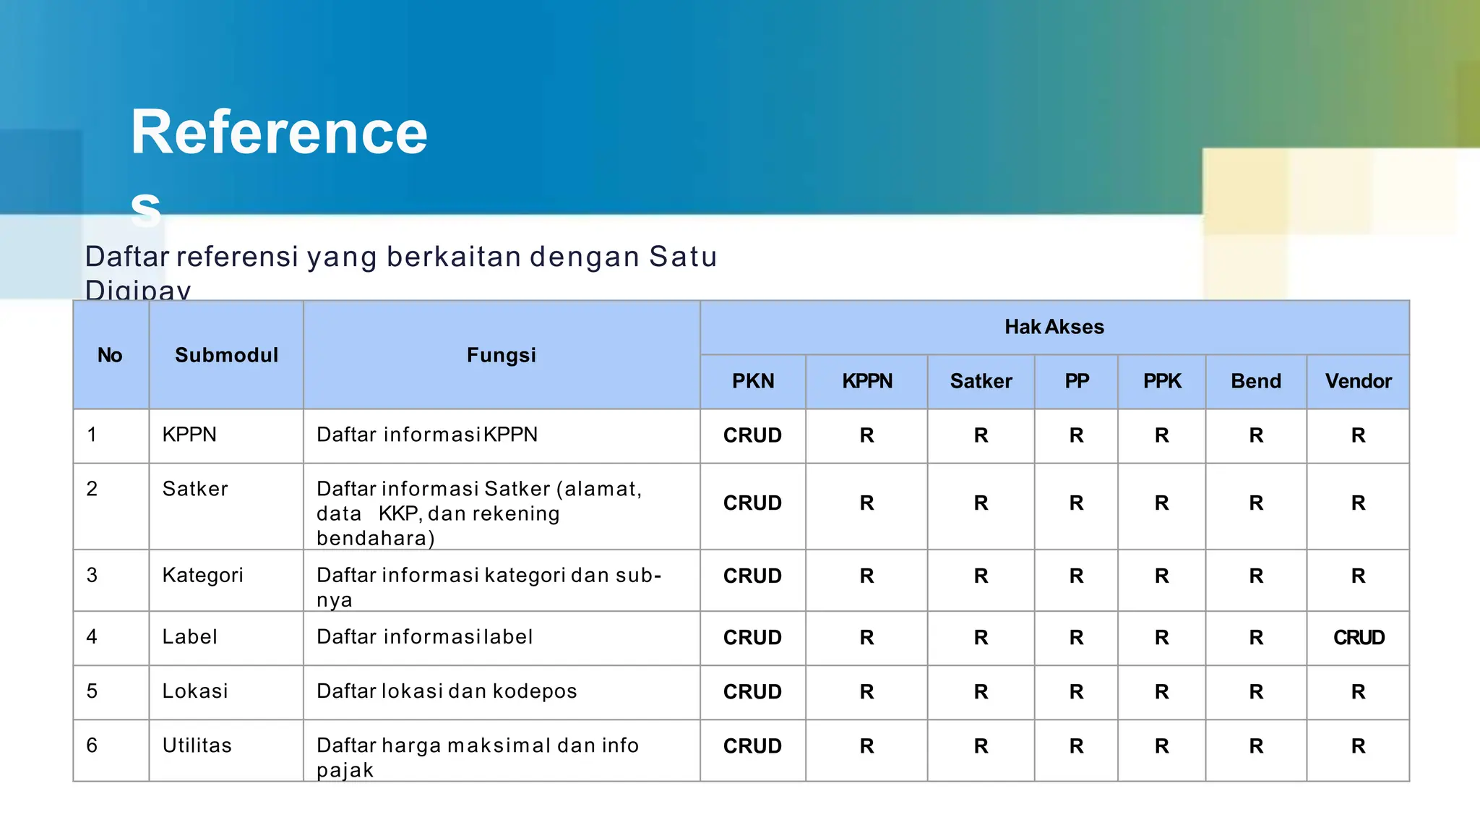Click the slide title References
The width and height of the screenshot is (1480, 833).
tap(279, 133)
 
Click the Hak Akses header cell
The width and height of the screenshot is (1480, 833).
tap(1054, 328)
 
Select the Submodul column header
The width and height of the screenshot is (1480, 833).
tap(226, 355)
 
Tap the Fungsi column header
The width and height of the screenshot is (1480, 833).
tap(502, 355)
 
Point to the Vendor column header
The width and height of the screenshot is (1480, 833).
tap(1358, 381)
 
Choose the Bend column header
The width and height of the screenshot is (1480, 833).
tap(1256, 381)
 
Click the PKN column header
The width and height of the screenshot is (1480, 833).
tap(753, 381)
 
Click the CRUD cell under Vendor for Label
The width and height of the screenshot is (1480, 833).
tap(1359, 638)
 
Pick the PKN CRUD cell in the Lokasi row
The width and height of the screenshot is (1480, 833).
tap(752, 692)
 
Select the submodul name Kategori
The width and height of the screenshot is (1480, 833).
tap(203, 576)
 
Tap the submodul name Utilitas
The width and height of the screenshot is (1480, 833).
tap(197, 746)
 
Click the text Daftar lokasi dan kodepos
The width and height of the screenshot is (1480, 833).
tap(447, 691)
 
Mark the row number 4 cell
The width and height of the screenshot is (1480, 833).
tap(92, 637)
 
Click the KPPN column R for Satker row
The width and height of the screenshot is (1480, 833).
tap(866, 503)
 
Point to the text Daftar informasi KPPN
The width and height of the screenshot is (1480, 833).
tap(427, 435)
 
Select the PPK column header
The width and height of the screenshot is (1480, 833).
tap(1162, 381)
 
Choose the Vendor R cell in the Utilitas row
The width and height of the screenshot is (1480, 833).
tap(1359, 746)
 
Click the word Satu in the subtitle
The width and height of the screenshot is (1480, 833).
tap(683, 257)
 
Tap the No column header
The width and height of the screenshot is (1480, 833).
tap(110, 355)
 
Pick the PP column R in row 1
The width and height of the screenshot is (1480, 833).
tap(1076, 435)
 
